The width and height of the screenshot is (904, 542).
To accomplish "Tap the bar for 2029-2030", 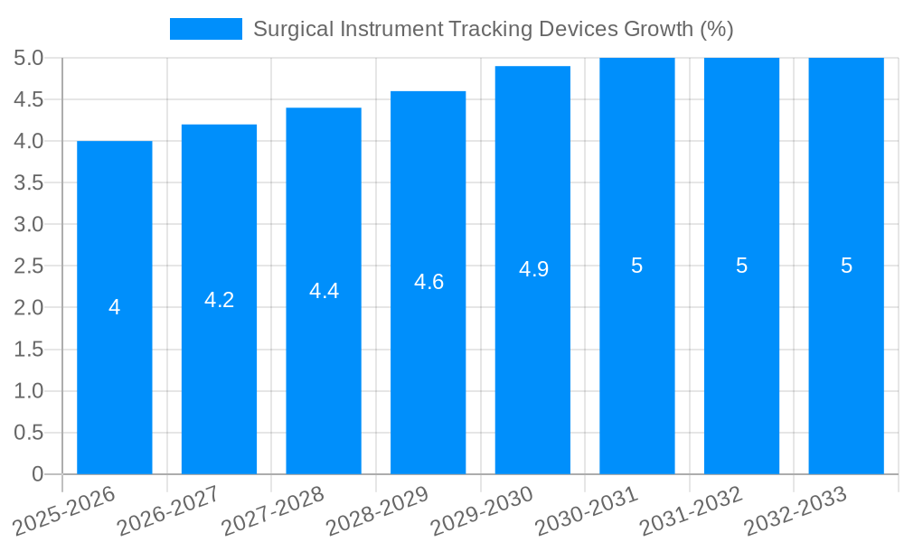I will [x=532, y=361].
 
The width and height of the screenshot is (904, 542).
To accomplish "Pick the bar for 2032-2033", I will [x=846, y=361].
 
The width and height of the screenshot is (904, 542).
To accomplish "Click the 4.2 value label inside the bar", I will [x=220, y=300].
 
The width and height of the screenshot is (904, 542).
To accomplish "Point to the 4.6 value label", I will [x=428, y=282].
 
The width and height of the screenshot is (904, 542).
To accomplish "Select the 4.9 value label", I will [x=533, y=269].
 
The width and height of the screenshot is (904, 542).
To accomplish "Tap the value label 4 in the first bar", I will [x=115, y=308].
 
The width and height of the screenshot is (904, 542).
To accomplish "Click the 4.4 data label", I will [x=324, y=291].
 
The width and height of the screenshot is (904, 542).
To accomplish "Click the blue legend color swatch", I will [x=206, y=29].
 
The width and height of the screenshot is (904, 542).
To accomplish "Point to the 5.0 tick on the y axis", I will [x=29, y=59].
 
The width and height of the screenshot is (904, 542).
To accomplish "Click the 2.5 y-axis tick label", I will [x=29, y=266].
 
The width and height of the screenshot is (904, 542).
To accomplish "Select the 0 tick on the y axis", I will [x=37, y=474].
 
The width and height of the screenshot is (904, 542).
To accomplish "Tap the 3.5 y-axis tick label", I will [x=29, y=183].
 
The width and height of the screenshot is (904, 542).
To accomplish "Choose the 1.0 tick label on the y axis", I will [x=29, y=391].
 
